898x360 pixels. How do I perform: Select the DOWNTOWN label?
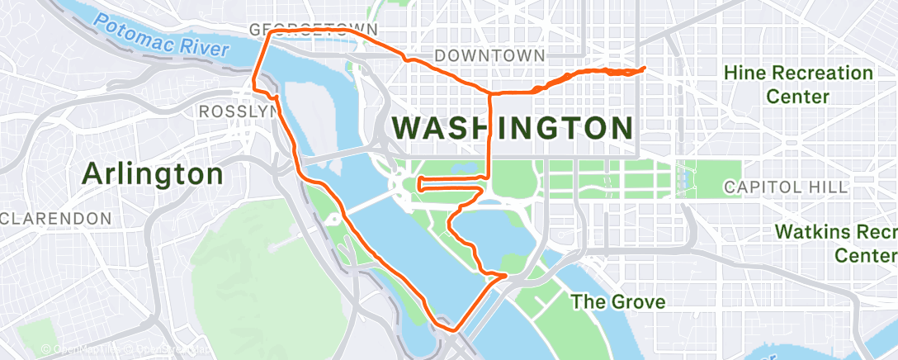click(x=489, y=55)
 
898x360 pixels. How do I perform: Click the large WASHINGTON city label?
click(x=513, y=128)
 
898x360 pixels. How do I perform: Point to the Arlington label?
click(x=153, y=174)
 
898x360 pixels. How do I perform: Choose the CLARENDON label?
click(x=55, y=219)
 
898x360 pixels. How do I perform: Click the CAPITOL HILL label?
click(x=785, y=187)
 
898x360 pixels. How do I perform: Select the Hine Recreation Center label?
click(x=798, y=84)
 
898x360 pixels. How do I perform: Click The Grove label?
click(x=619, y=301)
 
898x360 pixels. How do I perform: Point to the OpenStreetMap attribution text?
click(x=124, y=350)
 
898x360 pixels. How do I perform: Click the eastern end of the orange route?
click(x=644, y=68)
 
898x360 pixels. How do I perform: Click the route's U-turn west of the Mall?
click(x=419, y=182)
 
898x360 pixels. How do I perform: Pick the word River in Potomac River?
click(x=203, y=48)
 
